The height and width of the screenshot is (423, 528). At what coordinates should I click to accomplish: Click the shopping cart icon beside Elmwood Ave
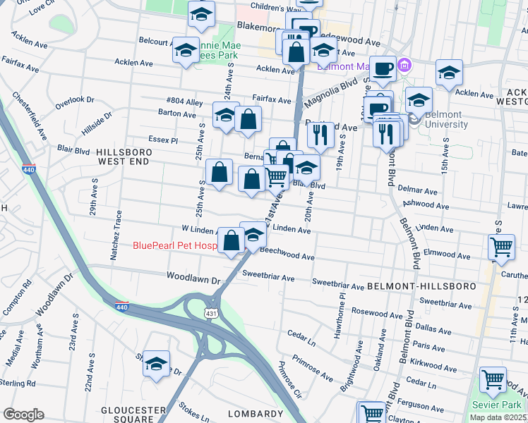[500, 247]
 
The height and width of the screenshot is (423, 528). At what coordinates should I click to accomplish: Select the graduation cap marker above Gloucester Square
[157, 364]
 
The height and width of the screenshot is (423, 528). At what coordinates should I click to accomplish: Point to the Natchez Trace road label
[119, 235]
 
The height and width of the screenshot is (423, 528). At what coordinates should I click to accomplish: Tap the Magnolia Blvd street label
[332, 94]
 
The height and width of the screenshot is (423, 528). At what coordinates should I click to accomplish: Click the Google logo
[23, 415]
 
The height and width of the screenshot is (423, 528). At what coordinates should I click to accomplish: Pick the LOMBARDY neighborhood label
[255, 414]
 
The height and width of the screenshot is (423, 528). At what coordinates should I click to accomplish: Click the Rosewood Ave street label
[381, 312]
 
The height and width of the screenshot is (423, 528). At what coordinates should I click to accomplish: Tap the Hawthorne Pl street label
[342, 306]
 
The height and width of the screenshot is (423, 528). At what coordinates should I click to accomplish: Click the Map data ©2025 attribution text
[497, 417]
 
